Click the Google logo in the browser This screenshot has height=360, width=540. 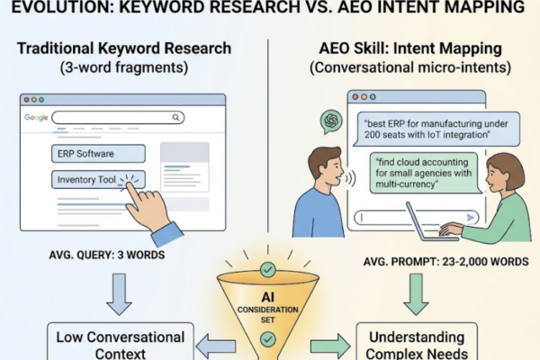click(36, 118)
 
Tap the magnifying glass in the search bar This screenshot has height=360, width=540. click(176, 118)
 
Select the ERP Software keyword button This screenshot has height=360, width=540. click(98, 154)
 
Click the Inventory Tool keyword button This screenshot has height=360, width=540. click(98, 179)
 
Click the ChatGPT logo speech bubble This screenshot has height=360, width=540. click(331, 121)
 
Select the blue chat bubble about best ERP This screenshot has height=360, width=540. click(436, 130)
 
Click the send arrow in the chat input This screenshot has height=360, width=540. click(470, 218)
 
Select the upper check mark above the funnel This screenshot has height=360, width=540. click(267, 269)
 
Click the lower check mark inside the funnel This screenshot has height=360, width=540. click(267, 339)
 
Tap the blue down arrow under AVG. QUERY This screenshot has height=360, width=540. click(119, 294)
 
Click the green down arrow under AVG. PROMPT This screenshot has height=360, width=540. click(416, 294)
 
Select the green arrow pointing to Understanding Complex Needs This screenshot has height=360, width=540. click(330, 346)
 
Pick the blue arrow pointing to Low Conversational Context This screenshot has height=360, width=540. click(216, 346)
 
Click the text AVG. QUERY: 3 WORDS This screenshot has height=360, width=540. click(107, 255)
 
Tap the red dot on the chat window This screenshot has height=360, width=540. click(355, 97)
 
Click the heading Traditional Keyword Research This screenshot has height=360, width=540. click(124, 49)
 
